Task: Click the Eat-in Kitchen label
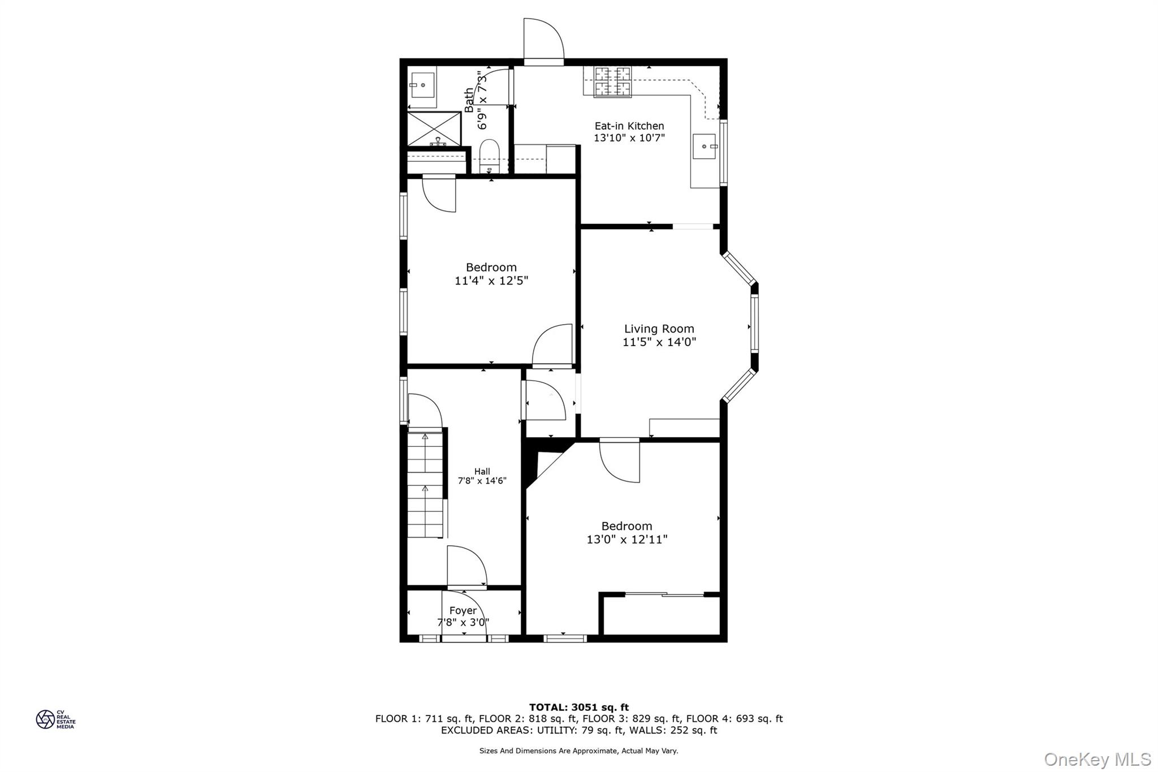[629, 126]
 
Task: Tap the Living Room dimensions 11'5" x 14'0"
[659, 342]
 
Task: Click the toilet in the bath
[490, 156]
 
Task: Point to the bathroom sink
[422, 86]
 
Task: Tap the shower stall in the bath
[434, 129]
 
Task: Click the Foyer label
[463, 611]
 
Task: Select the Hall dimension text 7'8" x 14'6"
[482, 481]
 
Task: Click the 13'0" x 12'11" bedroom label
[626, 527]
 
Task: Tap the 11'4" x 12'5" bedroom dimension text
[491, 281]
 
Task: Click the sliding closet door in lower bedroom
[664, 594]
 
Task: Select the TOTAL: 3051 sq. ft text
[578, 707]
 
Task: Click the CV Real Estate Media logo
[55, 719]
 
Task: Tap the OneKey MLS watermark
[1097, 759]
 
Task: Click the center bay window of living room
[754, 324]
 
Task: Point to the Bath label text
[469, 100]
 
